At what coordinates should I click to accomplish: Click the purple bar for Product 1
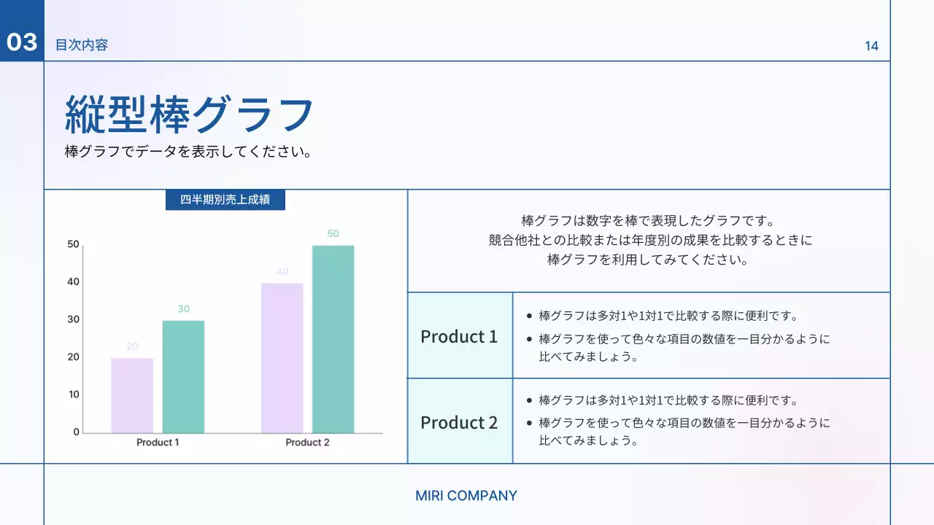click(x=132, y=395)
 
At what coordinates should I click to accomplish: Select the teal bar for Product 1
click(x=183, y=376)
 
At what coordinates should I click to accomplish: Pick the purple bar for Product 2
click(x=282, y=357)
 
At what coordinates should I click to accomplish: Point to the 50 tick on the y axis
click(x=73, y=244)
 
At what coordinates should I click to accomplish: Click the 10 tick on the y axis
click(x=73, y=394)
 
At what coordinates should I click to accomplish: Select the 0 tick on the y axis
click(x=76, y=432)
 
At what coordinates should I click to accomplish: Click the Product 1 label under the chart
click(x=158, y=443)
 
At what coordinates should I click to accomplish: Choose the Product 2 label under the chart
click(x=307, y=443)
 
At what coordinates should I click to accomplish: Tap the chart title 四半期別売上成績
click(x=225, y=200)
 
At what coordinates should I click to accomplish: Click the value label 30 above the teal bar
click(x=183, y=309)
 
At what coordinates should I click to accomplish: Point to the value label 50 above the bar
click(x=333, y=234)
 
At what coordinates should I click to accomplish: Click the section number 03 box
click(x=22, y=42)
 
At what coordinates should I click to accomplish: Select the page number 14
click(x=871, y=46)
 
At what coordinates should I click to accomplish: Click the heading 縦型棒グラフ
click(x=190, y=114)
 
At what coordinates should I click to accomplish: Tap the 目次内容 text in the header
click(x=82, y=45)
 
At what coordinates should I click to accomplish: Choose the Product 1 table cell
click(x=459, y=336)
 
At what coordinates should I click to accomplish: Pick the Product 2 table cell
click(x=459, y=422)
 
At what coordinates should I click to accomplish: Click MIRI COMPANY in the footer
click(x=466, y=496)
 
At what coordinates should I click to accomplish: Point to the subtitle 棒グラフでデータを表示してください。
click(x=188, y=152)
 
